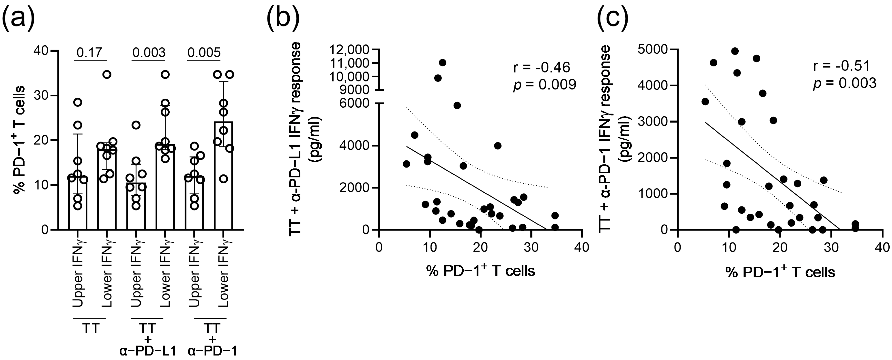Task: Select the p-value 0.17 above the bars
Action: pyautogui.click(x=90, y=53)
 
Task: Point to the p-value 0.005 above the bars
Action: pyautogui.click(x=204, y=53)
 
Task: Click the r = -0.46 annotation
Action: pyautogui.click(x=541, y=67)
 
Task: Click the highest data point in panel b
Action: pyautogui.click(x=442, y=63)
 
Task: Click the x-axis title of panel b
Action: pyautogui.click(x=481, y=271)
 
